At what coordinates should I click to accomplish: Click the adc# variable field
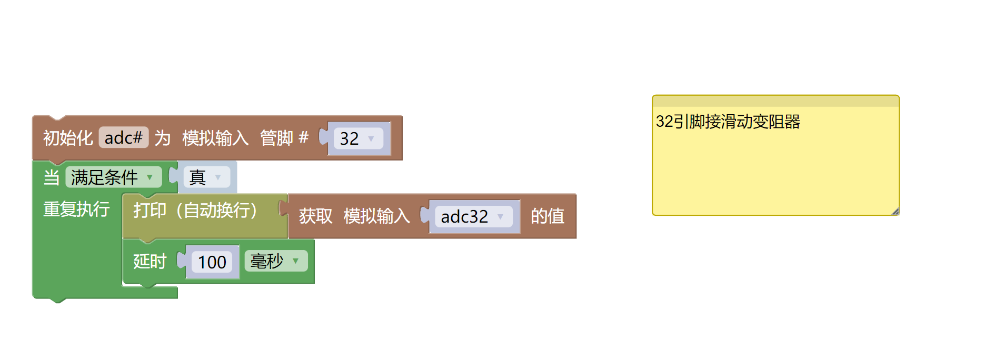123,138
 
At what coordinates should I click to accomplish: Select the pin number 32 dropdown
357,138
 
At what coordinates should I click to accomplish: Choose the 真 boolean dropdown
206,177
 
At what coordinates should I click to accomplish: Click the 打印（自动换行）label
195,210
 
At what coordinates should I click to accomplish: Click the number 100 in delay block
212,262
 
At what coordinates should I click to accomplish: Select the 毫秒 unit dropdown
275,261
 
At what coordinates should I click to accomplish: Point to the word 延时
150,261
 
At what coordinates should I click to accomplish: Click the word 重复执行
76,209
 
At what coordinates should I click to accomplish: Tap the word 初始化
68,138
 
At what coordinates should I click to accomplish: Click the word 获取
315,216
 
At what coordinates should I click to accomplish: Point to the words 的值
548,216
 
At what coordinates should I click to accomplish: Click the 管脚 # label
284,138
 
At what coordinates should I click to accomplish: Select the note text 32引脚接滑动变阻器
728,122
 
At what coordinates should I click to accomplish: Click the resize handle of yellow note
895,212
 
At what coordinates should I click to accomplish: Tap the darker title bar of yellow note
775,101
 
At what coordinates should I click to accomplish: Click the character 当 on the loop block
51,177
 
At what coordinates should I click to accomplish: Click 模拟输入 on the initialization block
215,138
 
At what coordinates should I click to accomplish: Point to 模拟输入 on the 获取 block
376,216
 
